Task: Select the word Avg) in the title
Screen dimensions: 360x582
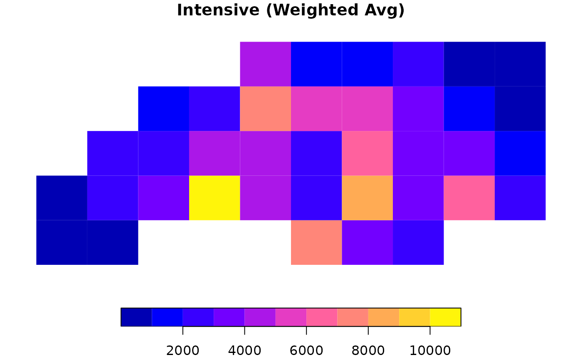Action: pyautogui.click(x=387, y=10)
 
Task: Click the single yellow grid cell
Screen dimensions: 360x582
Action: pyautogui.click(x=215, y=198)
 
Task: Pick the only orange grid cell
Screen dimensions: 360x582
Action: pyautogui.click(x=367, y=198)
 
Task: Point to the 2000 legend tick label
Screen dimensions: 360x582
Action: pyautogui.click(x=182, y=350)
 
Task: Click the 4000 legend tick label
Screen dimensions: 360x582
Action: pyautogui.click(x=244, y=350)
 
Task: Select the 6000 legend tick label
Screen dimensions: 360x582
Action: pyautogui.click(x=306, y=350)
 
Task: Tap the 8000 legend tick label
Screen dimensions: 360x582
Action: pyautogui.click(x=368, y=350)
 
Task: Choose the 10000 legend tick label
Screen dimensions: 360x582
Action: pyautogui.click(x=430, y=350)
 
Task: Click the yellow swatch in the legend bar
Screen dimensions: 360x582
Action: pyautogui.click(x=445, y=317)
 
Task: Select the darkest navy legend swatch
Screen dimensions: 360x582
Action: pyautogui.click(x=136, y=317)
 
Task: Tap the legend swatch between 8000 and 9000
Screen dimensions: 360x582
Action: pyautogui.click(x=383, y=317)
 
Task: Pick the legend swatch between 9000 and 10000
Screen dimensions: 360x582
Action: pyautogui.click(x=414, y=317)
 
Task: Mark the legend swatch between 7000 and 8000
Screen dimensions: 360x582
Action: pyautogui.click(x=353, y=317)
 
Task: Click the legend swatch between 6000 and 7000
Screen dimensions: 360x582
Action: pyautogui.click(x=322, y=317)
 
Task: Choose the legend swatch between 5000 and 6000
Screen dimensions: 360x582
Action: pyautogui.click(x=291, y=317)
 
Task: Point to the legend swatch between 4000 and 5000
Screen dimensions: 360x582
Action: pyautogui.click(x=260, y=317)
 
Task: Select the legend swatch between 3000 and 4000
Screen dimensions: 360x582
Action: pyautogui.click(x=229, y=317)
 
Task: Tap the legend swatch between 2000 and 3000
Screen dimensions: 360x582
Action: pyautogui.click(x=198, y=317)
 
